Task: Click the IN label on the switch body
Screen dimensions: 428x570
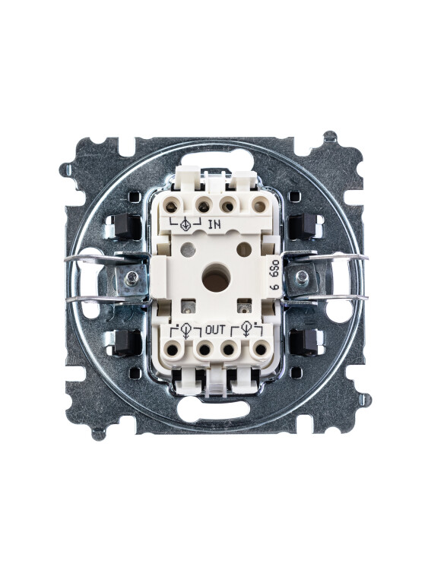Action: tap(214, 224)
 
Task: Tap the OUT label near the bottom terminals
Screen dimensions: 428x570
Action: tap(215, 330)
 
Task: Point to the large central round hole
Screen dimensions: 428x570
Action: tap(216, 280)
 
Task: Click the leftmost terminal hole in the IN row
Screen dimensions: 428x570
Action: tap(173, 207)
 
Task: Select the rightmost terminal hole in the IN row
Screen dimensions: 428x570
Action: tap(259, 207)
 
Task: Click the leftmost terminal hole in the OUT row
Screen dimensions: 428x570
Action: tap(173, 350)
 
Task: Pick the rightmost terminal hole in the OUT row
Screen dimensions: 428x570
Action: tap(260, 350)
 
